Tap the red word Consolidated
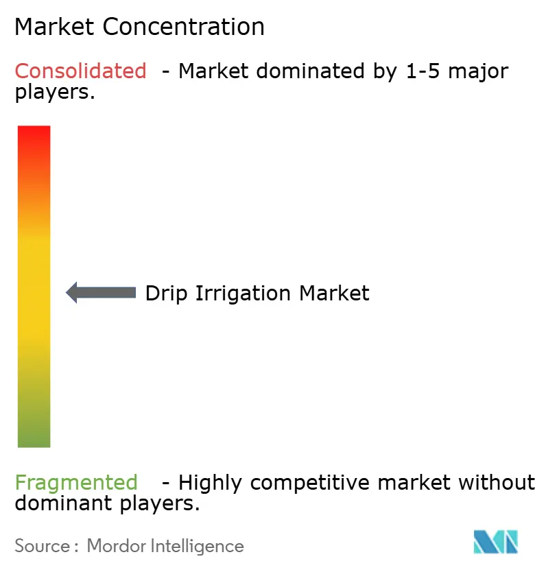coord(80,71)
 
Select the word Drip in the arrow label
coord(167,294)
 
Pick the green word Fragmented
coord(75,483)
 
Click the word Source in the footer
coord(42,546)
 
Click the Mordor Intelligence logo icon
coord(496,542)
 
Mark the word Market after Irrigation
coord(334,294)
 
